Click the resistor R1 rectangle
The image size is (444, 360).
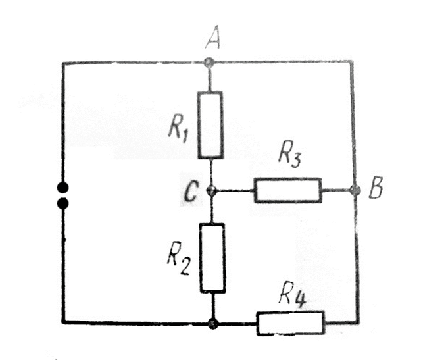coord(210,125)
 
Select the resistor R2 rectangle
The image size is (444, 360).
coord(212,257)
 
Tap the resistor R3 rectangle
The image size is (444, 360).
coord(287,190)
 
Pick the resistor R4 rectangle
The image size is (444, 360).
coord(290,322)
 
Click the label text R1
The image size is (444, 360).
coord(176,128)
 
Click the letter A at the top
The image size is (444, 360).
coord(212,41)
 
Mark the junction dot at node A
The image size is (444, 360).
coord(210,63)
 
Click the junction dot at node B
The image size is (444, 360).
coord(356,190)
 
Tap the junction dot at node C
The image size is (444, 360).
coord(211,191)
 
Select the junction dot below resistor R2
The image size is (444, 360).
coord(212,322)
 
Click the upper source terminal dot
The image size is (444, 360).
coord(63,187)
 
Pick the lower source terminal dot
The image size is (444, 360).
coord(63,203)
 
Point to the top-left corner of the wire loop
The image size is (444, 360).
coord(63,63)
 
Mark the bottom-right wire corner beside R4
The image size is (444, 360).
coord(358,322)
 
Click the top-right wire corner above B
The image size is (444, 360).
coord(355,63)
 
